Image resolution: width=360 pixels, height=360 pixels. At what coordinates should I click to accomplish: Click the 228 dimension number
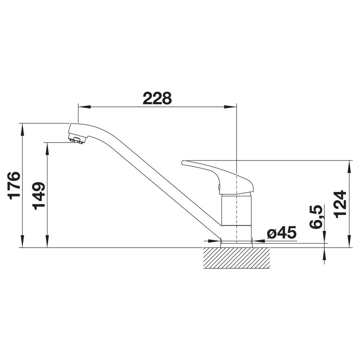tap(157, 98)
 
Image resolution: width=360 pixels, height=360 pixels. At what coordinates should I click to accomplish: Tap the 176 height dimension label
tap(14, 185)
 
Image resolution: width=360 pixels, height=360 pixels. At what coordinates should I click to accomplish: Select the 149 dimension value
tap(39, 196)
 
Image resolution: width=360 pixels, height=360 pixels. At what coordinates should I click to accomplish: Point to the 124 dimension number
tap(340, 204)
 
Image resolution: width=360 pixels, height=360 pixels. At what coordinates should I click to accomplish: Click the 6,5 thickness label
tap(316, 217)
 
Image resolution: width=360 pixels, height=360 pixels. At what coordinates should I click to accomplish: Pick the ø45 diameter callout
tap(282, 233)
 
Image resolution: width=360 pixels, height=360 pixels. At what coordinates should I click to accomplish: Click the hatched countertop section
tap(236, 258)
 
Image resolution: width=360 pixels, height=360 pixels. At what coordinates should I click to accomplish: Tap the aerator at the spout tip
tap(76, 140)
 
